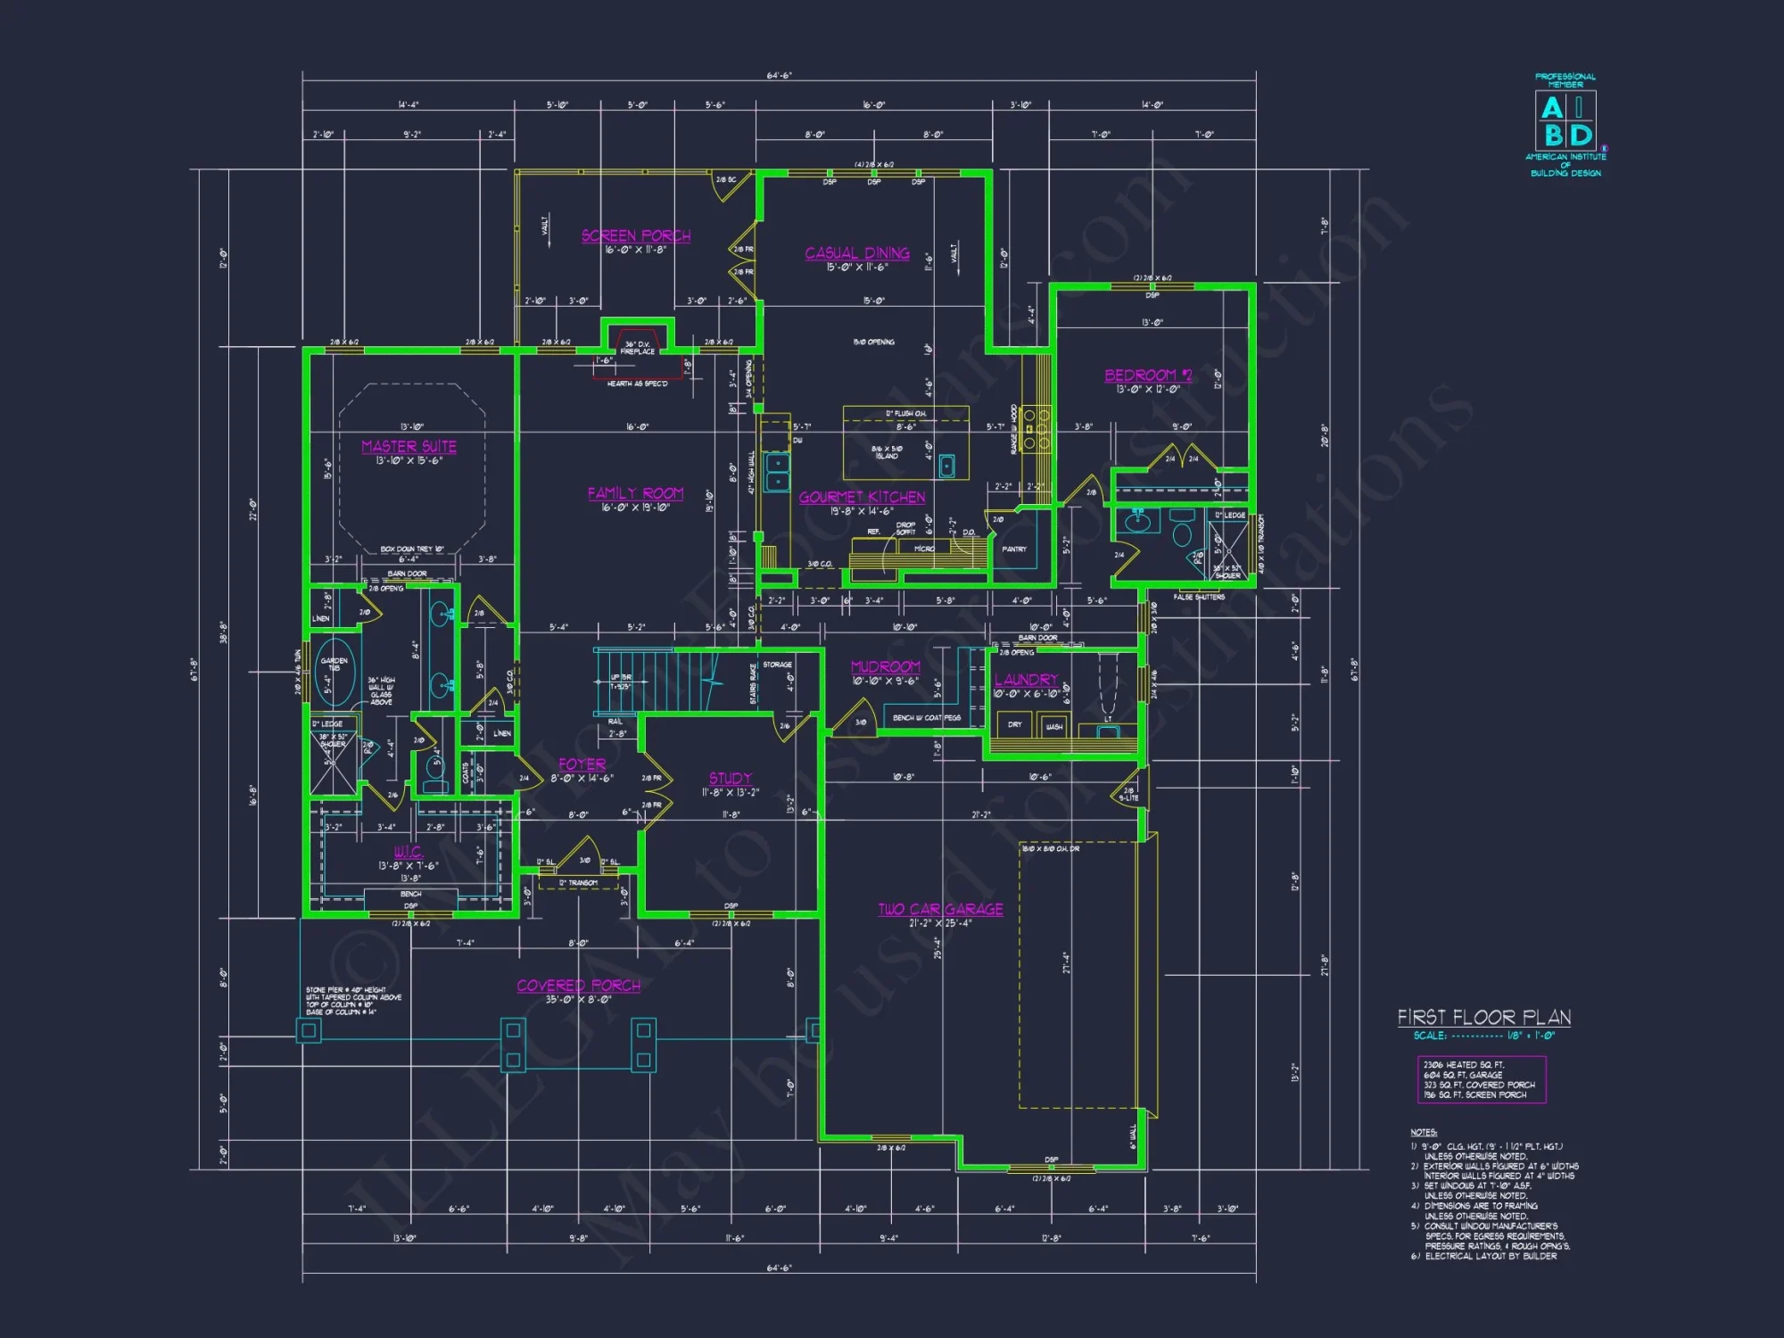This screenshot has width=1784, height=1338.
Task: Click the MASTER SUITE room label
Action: pyautogui.click(x=409, y=446)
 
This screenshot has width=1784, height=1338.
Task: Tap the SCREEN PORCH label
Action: pyautogui.click(x=636, y=235)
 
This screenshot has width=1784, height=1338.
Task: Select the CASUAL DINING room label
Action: pyautogui.click(x=857, y=253)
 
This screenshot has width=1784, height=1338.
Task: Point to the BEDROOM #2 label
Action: pyautogui.click(x=1148, y=376)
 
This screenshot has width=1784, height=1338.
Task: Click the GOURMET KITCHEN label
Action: pyautogui.click(x=862, y=497)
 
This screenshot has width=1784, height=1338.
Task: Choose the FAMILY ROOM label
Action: pyautogui.click(x=635, y=493)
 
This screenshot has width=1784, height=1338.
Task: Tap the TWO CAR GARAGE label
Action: pyautogui.click(x=940, y=909)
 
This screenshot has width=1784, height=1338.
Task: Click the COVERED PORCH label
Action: pyautogui.click(x=578, y=986)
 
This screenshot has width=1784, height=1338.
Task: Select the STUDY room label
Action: pyautogui.click(x=730, y=778)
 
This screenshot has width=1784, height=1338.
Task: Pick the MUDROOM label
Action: pyautogui.click(x=885, y=666)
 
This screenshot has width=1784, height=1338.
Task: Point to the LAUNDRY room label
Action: pyautogui.click(x=1026, y=680)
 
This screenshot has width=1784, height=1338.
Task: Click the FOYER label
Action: pyautogui.click(x=582, y=764)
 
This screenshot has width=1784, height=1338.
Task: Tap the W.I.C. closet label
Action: pyautogui.click(x=409, y=852)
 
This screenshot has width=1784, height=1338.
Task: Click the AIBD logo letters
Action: pyautogui.click(x=1566, y=121)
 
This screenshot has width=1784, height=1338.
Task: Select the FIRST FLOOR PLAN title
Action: pyautogui.click(x=1483, y=1017)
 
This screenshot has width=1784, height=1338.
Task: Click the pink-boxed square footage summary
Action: pyautogui.click(x=1481, y=1079)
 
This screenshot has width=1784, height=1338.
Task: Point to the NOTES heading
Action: pyautogui.click(x=1424, y=1132)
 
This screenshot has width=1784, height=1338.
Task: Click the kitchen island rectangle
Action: pyautogui.click(x=905, y=443)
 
